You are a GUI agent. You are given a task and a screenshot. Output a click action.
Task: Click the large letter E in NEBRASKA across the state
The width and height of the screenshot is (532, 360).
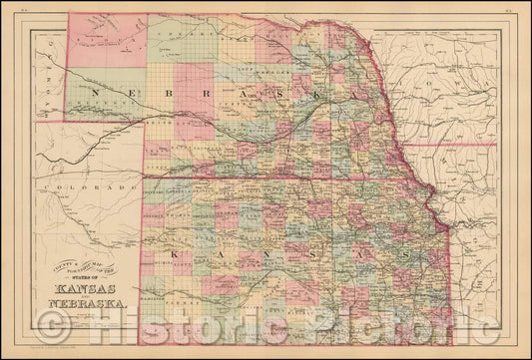(135, 90)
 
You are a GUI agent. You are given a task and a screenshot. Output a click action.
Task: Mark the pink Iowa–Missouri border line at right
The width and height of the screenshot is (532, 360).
(469, 144)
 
